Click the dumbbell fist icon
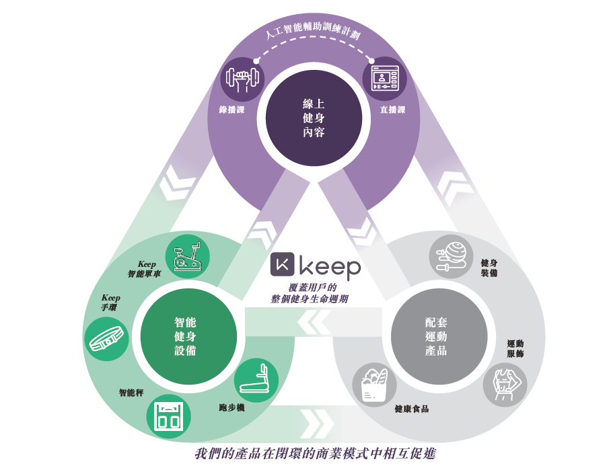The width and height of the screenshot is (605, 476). point(242,79)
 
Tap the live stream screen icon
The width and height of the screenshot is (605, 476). point(384,78)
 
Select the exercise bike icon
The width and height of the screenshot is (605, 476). point(188,256)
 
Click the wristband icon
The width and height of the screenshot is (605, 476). point(106,339)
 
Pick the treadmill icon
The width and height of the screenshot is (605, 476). point(256,380)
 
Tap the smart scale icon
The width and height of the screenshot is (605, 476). point(169,416)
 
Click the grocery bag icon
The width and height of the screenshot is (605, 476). point(374,385)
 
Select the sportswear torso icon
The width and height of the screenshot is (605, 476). point(505,385)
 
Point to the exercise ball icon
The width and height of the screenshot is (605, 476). point(451,257)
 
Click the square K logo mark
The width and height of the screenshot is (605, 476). point(283,264)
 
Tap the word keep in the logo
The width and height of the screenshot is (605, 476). point(330,268)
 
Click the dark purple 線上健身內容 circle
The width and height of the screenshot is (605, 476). point(314,118)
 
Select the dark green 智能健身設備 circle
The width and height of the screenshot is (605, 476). point(188,336)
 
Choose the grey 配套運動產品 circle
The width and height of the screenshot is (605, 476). point(439,336)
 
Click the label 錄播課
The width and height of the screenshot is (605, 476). point(232,110)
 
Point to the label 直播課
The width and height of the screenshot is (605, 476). point(393,110)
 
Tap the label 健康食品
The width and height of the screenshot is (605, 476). point(412,409)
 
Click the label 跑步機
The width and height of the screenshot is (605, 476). point(232,407)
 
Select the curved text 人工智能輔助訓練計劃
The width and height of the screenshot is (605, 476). point(313,28)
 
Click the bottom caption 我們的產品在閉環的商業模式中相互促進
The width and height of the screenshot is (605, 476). point(315,454)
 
